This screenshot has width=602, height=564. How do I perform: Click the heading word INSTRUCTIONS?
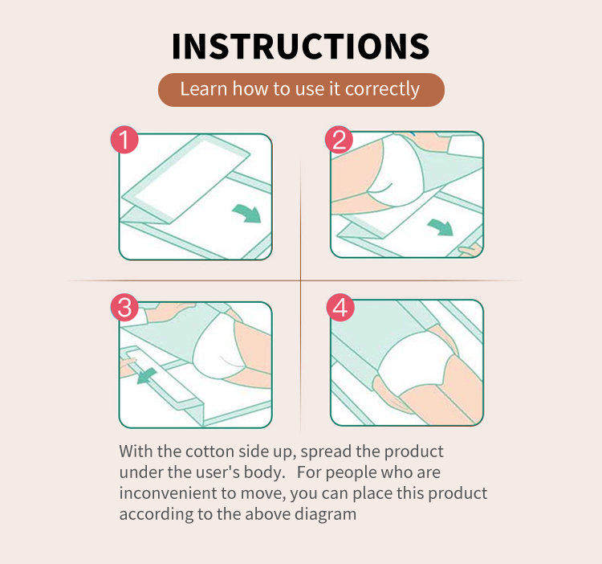point(300,46)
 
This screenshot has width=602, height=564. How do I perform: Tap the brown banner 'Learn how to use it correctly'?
point(300,89)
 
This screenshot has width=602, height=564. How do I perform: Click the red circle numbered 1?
point(124,140)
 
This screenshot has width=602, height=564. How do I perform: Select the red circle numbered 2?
point(339,140)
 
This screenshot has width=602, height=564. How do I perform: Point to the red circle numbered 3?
point(124,308)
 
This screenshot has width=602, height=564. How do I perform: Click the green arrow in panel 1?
point(246,213)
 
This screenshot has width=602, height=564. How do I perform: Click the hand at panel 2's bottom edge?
point(469,251)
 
